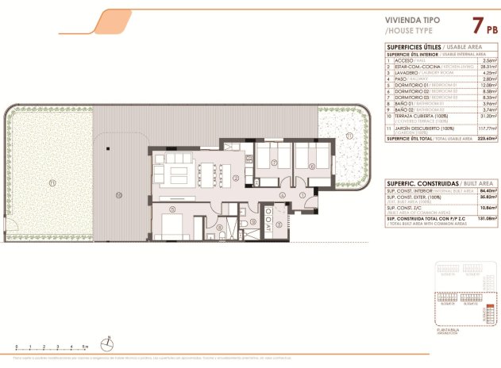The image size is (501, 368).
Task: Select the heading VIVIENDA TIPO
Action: pos(413,21)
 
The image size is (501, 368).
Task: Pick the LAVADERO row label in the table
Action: pos(404,73)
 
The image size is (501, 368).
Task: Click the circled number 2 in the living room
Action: pos(236,178)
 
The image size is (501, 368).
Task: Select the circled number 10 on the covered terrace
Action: pos(118,194)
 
